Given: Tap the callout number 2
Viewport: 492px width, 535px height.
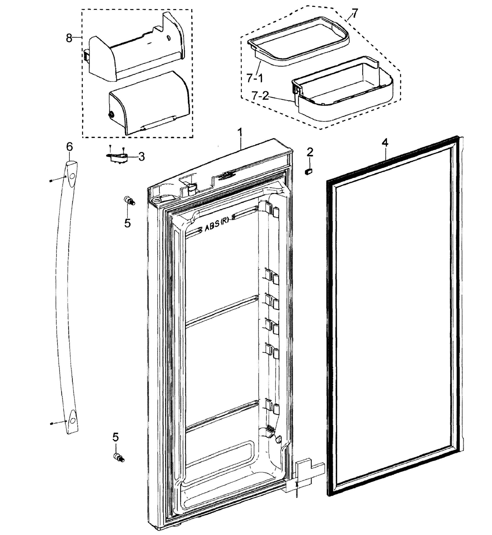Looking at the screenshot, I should pyautogui.click(x=310, y=152).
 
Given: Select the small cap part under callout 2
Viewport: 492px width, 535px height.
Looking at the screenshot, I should pyautogui.click(x=309, y=171).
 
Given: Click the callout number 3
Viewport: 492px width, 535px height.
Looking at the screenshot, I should pyautogui.click(x=142, y=157).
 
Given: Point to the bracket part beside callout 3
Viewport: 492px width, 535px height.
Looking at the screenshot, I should pyautogui.click(x=116, y=157).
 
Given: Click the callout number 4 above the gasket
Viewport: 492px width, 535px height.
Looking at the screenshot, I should pyautogui.click(x=385, y=143).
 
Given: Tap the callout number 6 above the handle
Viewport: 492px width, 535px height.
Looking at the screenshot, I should pyautogui.click(x=69, y=147).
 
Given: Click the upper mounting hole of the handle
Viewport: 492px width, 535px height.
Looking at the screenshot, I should pyautogui.click(x=72, y=176).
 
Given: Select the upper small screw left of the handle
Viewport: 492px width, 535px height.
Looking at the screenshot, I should pyautogui.click(x=51, y=181).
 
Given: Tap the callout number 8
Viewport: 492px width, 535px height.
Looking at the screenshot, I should pyautogui.click(x=69, y=38).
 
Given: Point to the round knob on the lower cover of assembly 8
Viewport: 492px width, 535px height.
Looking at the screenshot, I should pyautogui.click(x=111, y=115).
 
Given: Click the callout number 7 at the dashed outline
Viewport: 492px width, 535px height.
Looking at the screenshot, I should pyautogui.click(x=355, y=12).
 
